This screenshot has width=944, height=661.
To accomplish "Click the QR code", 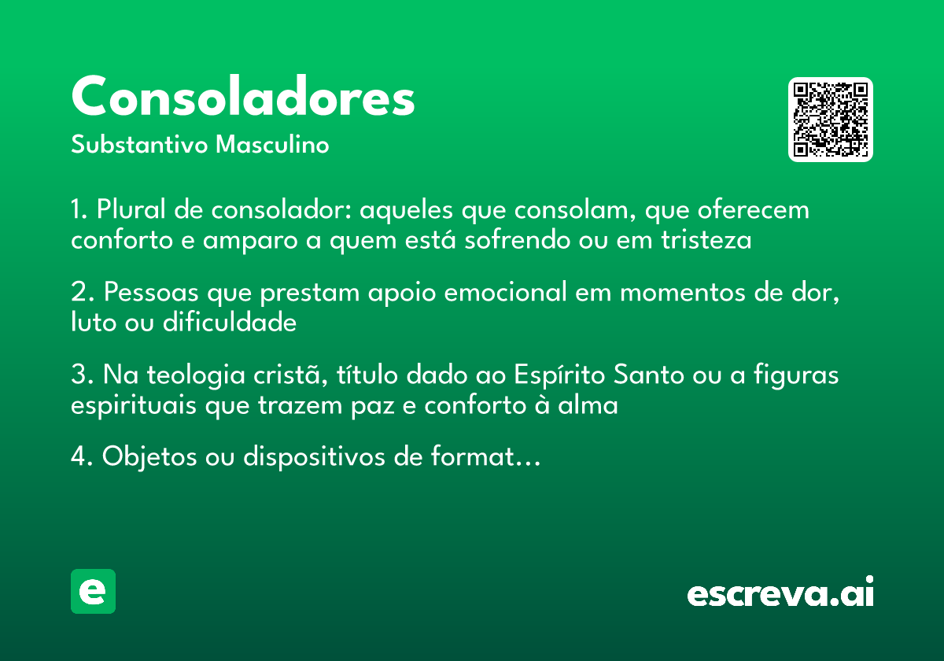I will click(831, 120).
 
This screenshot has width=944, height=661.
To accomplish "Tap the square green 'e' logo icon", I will click(93, 591).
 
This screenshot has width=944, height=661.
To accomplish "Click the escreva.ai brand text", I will click(780, 593).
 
